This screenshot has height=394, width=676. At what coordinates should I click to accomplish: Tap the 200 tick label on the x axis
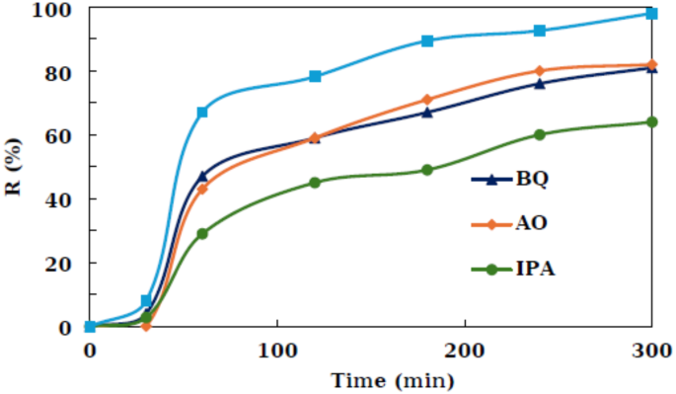464,350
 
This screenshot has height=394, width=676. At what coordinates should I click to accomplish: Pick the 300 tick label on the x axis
651,350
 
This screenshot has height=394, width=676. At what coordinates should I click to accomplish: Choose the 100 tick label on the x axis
276,350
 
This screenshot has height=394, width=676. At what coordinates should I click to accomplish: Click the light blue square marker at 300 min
651,14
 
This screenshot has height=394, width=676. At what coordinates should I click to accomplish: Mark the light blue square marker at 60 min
202,113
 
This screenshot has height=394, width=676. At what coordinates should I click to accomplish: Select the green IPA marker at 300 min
651,122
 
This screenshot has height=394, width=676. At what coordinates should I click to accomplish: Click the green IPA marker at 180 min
427,170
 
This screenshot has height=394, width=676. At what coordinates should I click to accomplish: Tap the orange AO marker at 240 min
540,71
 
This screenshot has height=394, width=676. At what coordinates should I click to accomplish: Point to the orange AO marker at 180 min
427,100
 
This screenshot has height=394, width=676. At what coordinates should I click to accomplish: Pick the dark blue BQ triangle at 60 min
202,176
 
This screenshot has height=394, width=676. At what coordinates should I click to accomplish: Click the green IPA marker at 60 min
202,234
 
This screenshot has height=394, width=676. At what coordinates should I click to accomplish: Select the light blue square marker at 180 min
427,41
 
